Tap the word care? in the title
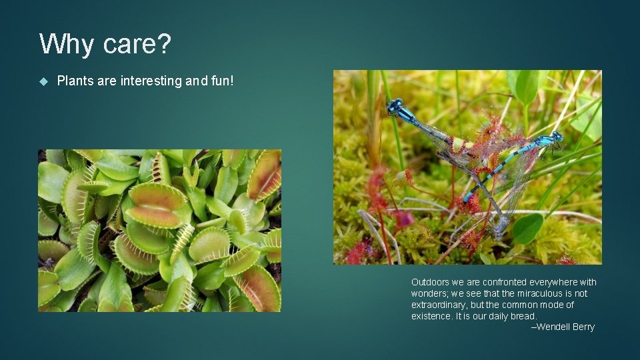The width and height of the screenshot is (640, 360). click(x=137, y=45)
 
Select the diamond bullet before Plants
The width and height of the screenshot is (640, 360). click(x=44, y=81)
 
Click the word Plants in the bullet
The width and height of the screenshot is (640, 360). click(x=75, y=81)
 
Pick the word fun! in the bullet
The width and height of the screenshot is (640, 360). click(x=221, y=81)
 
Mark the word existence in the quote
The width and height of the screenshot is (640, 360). click(x=431, y=316)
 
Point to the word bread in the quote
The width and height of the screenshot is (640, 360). click(x=523, y=316)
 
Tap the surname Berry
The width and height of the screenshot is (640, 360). click(x=583, y=327)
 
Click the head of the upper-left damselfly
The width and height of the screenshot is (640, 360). click(x=395, y=105)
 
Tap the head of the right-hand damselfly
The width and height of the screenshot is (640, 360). click(x=555, y=138)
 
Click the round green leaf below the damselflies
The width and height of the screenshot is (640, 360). click(x=527, y=229)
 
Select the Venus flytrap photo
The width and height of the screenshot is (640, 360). click(x=159, y=231)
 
